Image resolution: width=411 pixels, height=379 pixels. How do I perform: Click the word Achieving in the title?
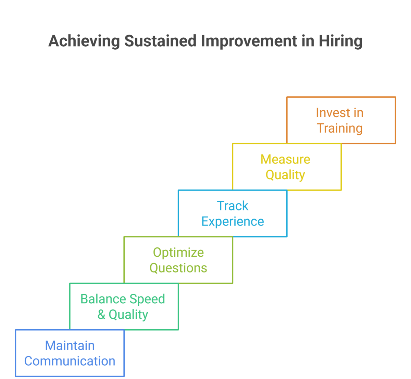[84, 41]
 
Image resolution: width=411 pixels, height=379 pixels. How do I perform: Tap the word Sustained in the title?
[160, 41]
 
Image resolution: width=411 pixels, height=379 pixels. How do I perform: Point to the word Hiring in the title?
[340, 41]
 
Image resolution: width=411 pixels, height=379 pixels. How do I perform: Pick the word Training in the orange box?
[340, 129]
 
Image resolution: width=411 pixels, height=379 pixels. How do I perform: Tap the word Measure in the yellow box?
[285, 159]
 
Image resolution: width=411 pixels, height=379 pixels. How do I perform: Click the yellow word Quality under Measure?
[285, 175]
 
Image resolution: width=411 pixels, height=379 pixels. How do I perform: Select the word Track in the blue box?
[233, 206]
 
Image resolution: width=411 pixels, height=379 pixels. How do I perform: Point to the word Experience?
[233, 222]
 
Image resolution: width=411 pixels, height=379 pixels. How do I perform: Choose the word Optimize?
[178, 253]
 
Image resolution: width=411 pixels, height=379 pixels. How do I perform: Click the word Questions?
[178, 268]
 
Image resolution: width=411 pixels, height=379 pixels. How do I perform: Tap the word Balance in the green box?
[103, 299]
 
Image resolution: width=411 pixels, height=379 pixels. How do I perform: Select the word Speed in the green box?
[147, 299]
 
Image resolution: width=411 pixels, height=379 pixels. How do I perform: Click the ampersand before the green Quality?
[101, 315]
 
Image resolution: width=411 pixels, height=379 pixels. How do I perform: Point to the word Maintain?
[70, 346]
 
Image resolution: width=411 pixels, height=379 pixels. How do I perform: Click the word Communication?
[70, 362]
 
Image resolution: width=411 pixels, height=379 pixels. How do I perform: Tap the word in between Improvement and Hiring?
[308, 41]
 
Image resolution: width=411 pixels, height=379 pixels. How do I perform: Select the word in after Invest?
[358, 113]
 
